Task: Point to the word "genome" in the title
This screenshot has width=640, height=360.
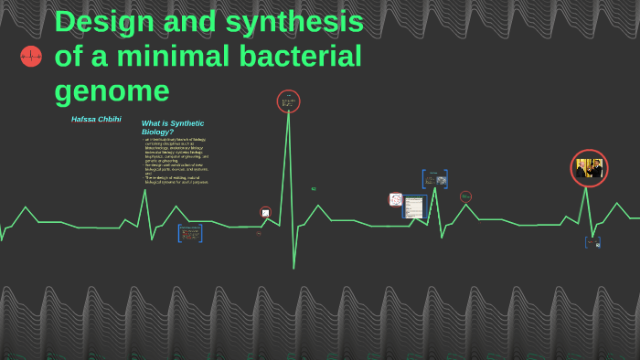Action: (112, 91)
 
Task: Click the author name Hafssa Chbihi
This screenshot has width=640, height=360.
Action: (96, 120)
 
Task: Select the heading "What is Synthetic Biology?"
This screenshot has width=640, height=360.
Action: (173, 127)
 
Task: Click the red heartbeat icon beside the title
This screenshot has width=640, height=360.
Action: (31, 57)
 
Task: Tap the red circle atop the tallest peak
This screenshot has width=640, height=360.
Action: (288, 101)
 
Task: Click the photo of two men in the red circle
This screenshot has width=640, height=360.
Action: (589, 168)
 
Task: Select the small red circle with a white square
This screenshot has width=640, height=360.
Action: (265, 212)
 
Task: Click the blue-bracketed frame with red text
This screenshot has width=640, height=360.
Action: (190, 233)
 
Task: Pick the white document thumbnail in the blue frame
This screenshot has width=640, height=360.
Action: (414, 207)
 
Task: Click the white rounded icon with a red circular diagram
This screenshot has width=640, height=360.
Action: (396, 199)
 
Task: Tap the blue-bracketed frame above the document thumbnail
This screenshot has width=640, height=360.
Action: (434, 178)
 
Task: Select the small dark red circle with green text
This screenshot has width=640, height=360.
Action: (465, 196)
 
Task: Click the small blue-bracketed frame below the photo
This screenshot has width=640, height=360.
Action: (592, 242)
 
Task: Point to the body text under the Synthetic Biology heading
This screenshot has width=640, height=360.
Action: (176, 161)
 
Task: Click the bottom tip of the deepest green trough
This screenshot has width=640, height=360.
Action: (293, 268)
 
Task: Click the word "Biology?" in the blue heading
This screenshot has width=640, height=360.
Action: (157, 132)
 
